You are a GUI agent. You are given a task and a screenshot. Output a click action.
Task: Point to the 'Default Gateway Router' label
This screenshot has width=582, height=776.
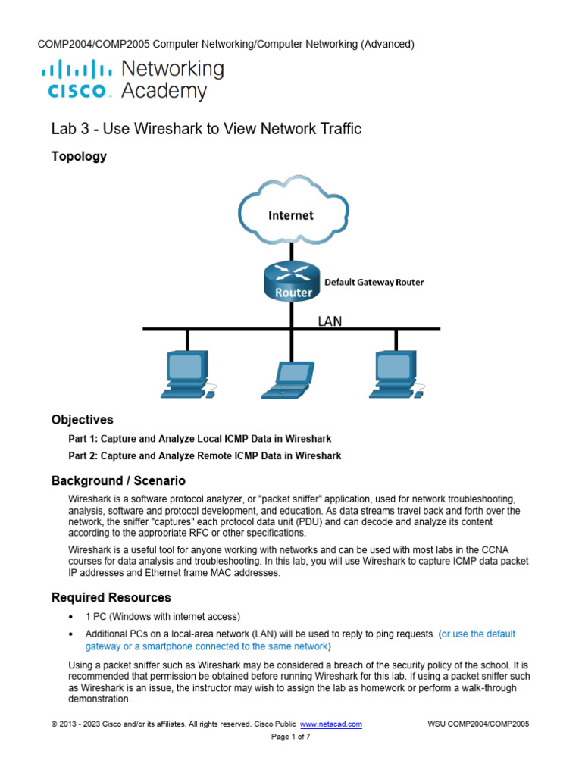pyautogui.click(x=374, y=282)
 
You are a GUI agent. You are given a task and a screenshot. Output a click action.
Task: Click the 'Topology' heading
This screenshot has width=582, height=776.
pyautogui.click(x=79, y=157)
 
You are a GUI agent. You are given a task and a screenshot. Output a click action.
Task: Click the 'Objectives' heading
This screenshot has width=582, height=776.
pyautogui.click(x=82, y=420)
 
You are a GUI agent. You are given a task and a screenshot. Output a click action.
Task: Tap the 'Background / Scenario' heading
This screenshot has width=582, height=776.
pyautogui.click(x=118, y=481)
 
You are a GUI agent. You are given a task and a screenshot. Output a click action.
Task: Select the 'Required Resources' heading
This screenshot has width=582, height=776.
pyautogui.click(x=111, y=598)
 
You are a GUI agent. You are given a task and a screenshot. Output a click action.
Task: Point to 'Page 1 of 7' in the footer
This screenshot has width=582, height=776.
pyautogui.click(x=291, y=737)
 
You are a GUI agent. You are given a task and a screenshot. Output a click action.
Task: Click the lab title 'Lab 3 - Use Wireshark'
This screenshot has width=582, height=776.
pyautogui.click(x=206, y=129)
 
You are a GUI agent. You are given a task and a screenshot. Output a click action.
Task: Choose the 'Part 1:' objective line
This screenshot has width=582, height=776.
pyautogui.click(x=200, y=439)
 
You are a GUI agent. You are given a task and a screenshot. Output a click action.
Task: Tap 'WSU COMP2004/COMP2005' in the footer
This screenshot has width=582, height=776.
pyautogui.click(x=478, y=724)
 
